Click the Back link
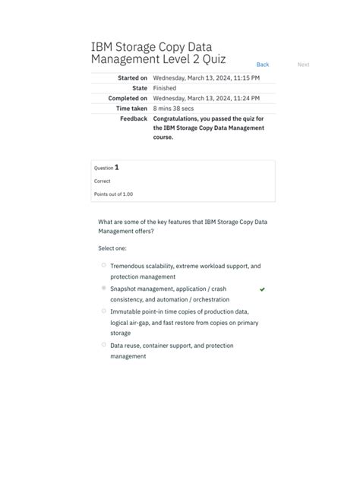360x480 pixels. coord(262,65)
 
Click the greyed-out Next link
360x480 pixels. coord(303,65)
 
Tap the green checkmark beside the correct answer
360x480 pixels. coord(262,289)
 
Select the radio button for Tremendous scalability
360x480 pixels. coord(104,265)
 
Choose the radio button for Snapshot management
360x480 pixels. coord(104,289)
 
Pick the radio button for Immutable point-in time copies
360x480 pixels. coord(104,311)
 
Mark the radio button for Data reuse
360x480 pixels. coord(104,344)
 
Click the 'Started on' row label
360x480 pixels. coord(132,78)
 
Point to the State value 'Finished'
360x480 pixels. coord(165,88)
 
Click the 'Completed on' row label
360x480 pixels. coord(128,99)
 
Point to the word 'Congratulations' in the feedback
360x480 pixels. coord(180,118)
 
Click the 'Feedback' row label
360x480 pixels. coord(133,118)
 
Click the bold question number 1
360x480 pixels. coord(116,167)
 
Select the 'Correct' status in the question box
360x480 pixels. coord(102,182)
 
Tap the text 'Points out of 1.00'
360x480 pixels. coord(113,194)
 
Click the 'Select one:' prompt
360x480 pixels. coord(112,248)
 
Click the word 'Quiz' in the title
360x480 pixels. coord(210,59)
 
